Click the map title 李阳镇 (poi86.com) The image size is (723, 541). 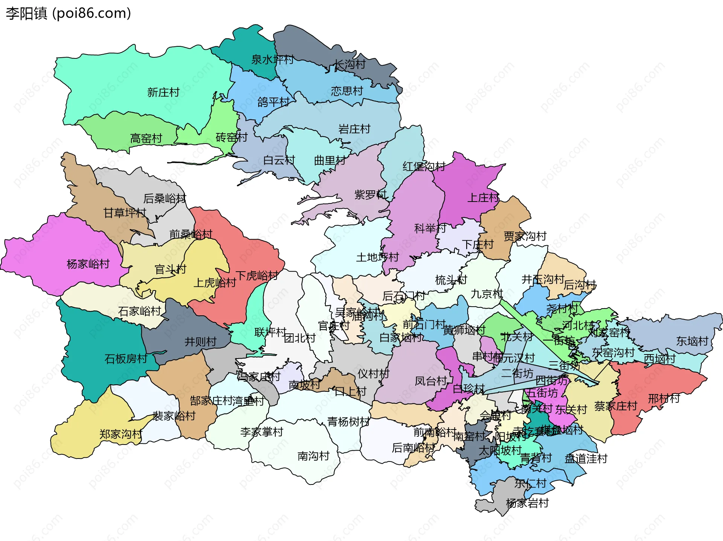click(68, 13)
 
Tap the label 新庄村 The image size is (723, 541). click(163, 92)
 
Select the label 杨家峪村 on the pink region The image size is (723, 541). click(88, 264)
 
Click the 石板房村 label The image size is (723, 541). click(126, 359)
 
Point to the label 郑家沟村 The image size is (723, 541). click(120, 434)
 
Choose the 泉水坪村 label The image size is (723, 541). click(272, 60)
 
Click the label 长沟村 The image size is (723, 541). click(349, 64)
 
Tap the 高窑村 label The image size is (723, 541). click(146, 139)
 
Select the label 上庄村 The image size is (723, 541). click(483, 197)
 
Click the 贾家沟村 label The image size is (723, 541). click(525, 237)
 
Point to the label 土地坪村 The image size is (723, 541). click(377, 257)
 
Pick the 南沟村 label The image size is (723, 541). click(313, 456)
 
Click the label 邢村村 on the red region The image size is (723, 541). click(664, 399)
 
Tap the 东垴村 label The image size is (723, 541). click(692, 341)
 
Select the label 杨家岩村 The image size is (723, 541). click(527, 503)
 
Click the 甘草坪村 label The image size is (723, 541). click(125, 213)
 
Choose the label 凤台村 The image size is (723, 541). click(430, 381)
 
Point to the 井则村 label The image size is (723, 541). click(200, 342)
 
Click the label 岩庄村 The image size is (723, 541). click(354, 129)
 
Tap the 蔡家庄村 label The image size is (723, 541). click(615, 406)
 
